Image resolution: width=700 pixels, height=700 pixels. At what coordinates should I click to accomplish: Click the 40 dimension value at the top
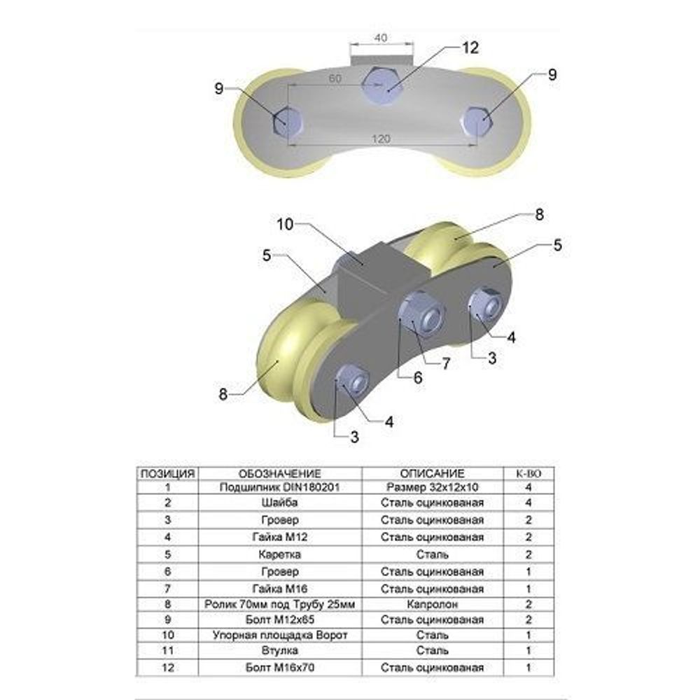pos(380,38)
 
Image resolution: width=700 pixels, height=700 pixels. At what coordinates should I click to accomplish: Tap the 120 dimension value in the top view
pos(381,139)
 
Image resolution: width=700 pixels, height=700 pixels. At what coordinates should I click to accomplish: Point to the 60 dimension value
pos(335,78)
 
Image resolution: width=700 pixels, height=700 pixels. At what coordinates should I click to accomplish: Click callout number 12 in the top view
pos(470,48)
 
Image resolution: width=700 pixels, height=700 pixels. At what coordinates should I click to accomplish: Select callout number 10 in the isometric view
pos(285,224)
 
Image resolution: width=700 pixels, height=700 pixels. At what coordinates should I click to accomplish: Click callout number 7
pos(446,364)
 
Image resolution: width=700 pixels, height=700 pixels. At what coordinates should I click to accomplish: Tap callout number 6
pos(417,378)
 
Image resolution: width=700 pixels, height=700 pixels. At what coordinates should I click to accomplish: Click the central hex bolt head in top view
pos(383,85)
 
